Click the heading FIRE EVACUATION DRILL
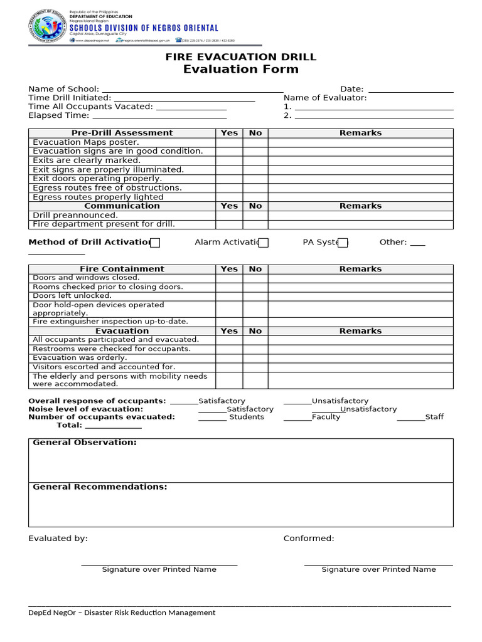pos(240,57)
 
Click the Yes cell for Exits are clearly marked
pos(229,160)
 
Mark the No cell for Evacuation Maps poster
pos(255,142)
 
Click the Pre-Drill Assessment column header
pos(122,133)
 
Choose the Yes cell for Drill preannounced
pos(229,215)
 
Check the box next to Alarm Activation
pos(264,243)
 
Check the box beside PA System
pos(343,243)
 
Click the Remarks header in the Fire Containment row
pos(360,269)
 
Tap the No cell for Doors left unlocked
pos(255,296)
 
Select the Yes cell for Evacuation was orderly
pos(229,358)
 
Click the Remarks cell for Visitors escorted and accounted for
pos(360,367)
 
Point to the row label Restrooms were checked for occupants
pos(111,349)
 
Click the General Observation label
pos(84,443)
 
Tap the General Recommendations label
pos(100,487)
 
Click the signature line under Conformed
pos(378,564)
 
